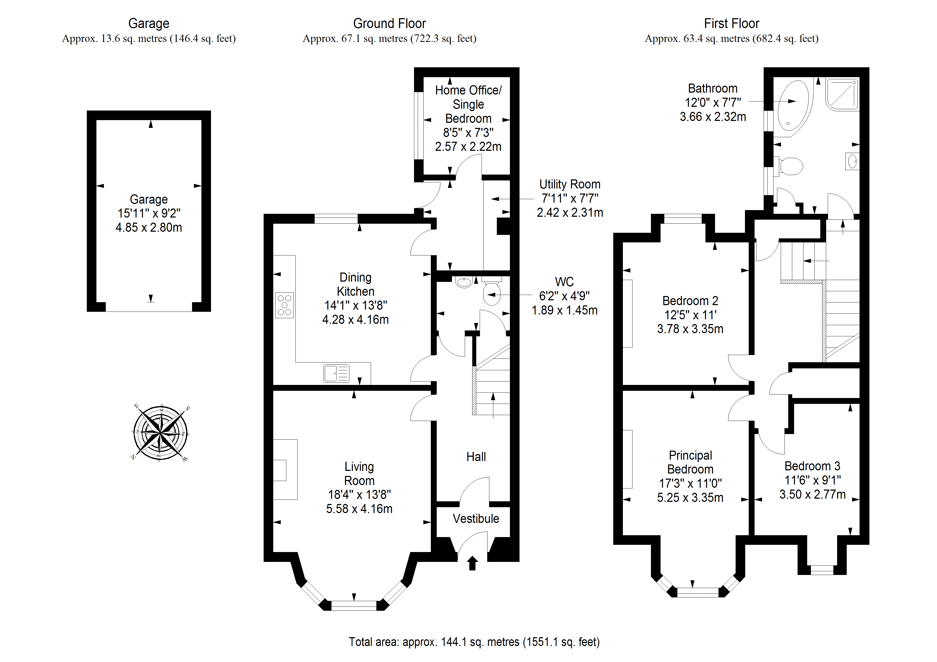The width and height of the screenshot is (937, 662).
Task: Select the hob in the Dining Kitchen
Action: tap(284, 305)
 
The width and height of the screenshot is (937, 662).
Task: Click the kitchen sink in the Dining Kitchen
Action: tap(336, 373)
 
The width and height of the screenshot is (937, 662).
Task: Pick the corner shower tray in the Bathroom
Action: tap(843, 95)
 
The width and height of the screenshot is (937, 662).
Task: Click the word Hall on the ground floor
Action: tap(476, 456)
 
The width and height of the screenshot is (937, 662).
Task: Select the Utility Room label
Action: tap(570, 184)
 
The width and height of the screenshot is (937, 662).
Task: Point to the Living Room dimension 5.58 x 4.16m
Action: tap(359, 509)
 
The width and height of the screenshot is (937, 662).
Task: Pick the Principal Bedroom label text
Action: tap(690, 462)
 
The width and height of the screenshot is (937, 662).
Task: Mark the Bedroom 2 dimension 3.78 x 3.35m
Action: tap(690, 329)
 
